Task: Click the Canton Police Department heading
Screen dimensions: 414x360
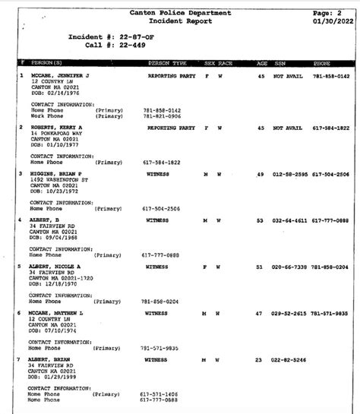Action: pos(179,13)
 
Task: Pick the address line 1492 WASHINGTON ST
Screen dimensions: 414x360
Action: pos(60,179)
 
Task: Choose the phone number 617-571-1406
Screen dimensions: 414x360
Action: pos(159,394)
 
